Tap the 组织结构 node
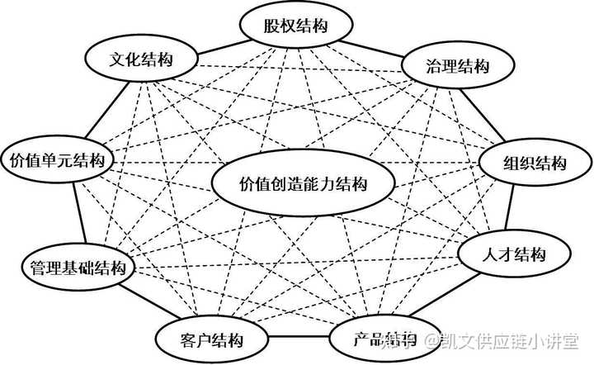[x=535, y=162]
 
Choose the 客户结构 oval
[x=211, y=338]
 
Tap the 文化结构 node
[x=141, y=60]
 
